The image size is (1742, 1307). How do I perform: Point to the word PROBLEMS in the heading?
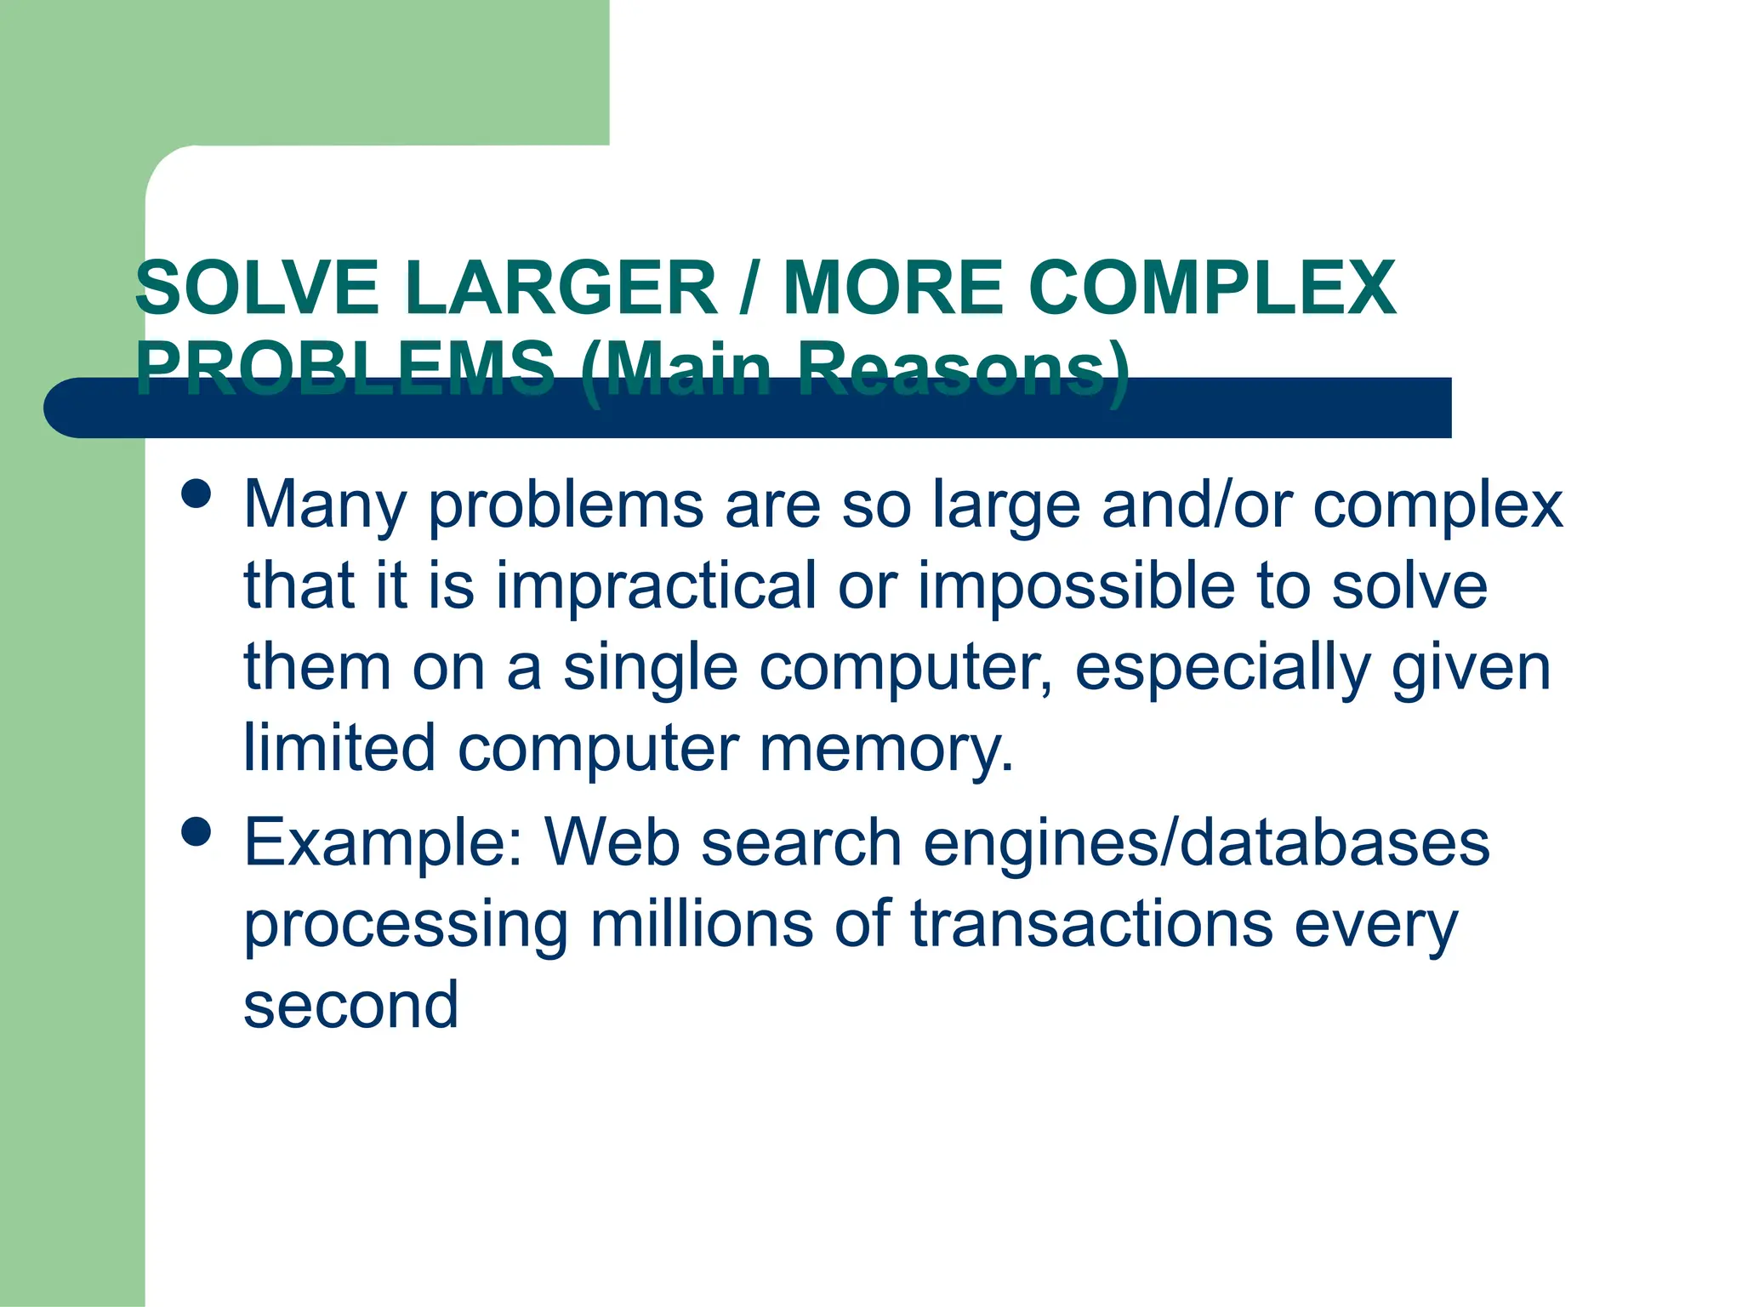344,368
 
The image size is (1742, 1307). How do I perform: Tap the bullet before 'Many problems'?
196,494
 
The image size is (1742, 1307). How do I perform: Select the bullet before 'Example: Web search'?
196,831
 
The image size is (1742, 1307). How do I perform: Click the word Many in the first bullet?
325,505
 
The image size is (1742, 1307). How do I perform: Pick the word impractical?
656,586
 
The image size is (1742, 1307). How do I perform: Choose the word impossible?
1076,586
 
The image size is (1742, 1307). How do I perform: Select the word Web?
612,843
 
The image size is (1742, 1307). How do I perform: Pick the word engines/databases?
1206,843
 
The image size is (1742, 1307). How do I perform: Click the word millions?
702,924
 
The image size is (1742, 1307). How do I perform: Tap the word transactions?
1092,924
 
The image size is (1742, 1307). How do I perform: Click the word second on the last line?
350,1006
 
